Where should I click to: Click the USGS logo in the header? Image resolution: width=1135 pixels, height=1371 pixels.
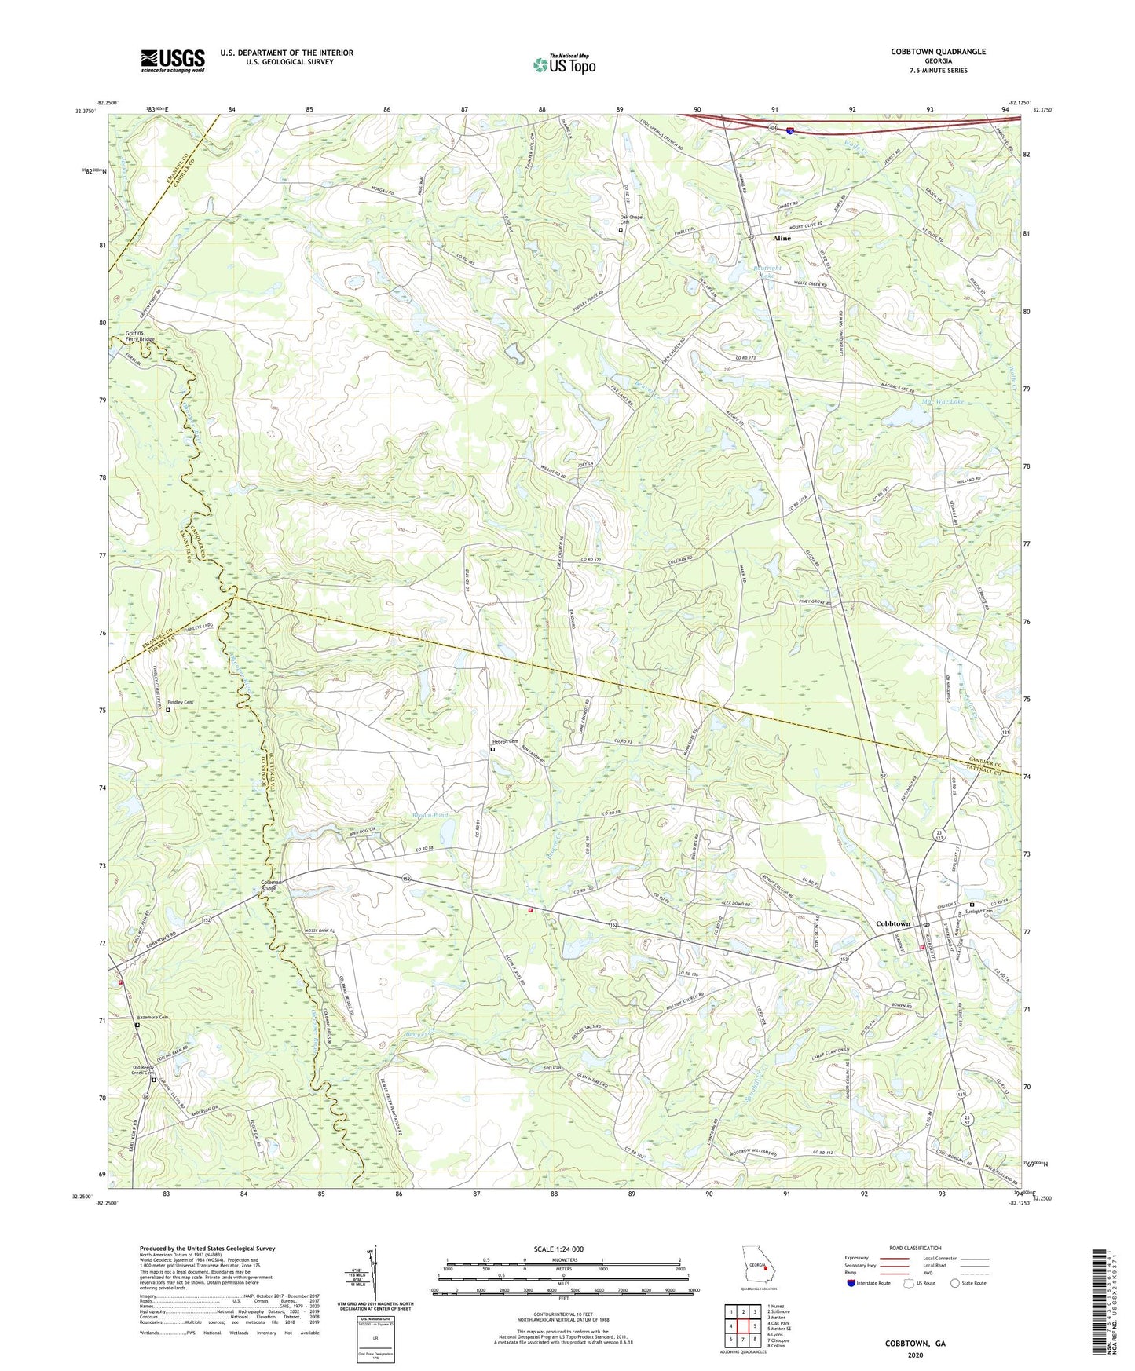pos(173,60)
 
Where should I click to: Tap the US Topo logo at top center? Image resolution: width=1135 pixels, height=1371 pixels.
pos(564,64)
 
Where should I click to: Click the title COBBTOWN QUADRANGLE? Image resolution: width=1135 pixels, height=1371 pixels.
pos(938,52)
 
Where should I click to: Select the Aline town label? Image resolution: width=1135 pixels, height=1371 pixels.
pos(782,238)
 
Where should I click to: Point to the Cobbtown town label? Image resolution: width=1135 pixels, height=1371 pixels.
pos(893,923)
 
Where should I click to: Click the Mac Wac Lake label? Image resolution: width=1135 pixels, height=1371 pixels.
pos(942,401)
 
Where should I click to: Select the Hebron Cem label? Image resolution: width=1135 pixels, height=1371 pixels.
pos(505,741)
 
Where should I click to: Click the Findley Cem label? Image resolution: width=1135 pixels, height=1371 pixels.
pos(180,702)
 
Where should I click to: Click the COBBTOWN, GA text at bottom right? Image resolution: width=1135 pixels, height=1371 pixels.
pos(915,1344)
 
